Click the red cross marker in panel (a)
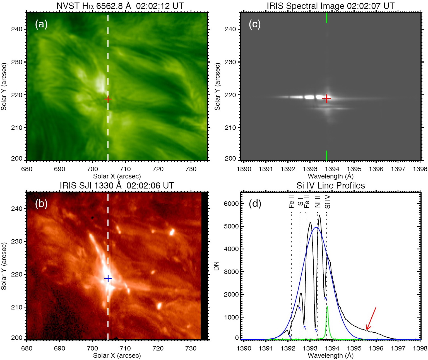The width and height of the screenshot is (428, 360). click(x=108, y=99)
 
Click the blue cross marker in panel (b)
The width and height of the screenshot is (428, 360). click(x=108, y=278)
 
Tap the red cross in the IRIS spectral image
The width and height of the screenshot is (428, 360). click(x=327, y=99)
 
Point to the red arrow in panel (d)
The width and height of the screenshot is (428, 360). click(x=371, y=318)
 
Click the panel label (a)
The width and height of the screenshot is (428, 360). click(x=41, y=24)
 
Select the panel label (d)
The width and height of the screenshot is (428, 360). click(x=255, y=204)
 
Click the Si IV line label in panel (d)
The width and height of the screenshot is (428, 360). click(x=328, y=202)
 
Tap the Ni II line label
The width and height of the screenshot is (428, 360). click(x=318, y=202)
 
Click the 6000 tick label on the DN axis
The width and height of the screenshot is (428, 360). click(x=231, y=204)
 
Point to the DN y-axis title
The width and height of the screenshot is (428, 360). click(x=216, y=266)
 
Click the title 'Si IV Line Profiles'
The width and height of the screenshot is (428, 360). click(x=331, y=186)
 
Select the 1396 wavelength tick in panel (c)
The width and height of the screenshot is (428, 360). click(x=376, y=169)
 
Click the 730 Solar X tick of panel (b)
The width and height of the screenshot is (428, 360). click(x=191, y=348)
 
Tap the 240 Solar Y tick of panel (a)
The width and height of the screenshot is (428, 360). click(x=16, y=29)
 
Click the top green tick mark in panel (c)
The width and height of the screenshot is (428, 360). click(x=327, y=18)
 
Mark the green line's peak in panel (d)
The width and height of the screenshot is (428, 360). click(x=327, y=307)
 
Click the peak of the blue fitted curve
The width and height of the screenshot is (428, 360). click(x=316, y=227)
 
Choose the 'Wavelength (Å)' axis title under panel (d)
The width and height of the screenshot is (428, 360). click(x=331, y=356)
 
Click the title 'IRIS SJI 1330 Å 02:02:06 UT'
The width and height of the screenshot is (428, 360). click(x=117, y=186)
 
